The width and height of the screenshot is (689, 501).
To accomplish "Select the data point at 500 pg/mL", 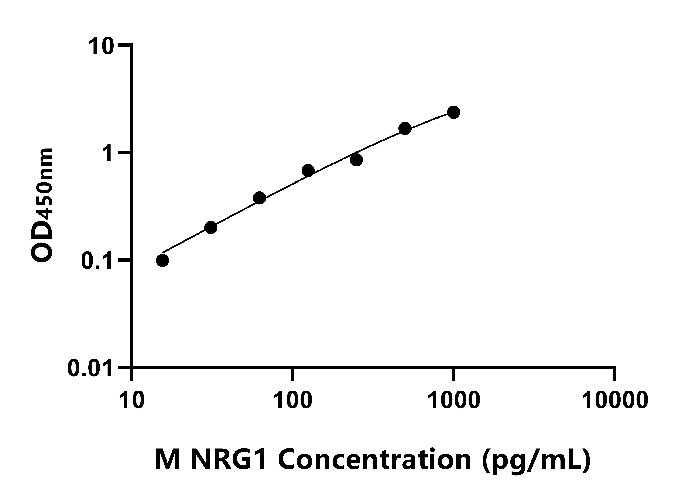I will (405, 128).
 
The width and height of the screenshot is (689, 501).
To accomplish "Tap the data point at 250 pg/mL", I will (356, 160).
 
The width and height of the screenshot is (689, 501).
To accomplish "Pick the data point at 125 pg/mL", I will (308, 171).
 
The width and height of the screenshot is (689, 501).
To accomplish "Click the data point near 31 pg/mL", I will (211, 227).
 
